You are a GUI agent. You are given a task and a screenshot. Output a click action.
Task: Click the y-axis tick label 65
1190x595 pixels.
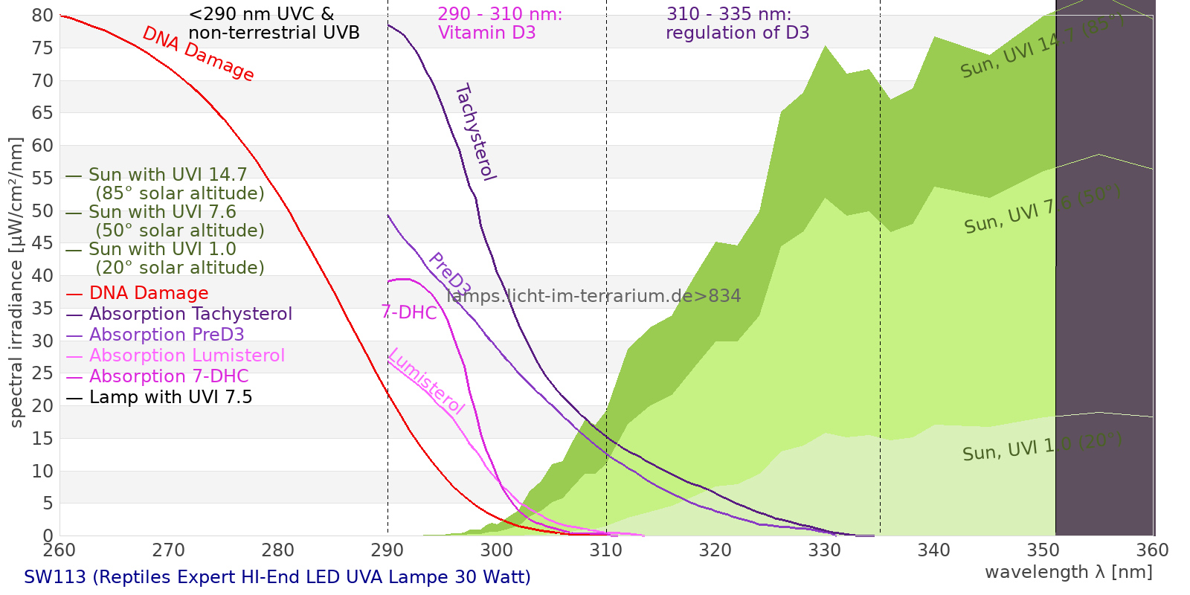[x=42, y=113]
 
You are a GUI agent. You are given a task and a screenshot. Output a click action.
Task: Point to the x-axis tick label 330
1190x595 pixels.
[x=824, y=550]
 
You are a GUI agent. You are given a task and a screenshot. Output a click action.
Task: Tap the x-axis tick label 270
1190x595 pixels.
[x=168, y=550]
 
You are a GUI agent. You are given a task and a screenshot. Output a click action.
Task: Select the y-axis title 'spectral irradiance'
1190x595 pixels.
[x=16, y=282]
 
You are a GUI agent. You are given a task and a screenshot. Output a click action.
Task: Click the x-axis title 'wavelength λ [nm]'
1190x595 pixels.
[x=1068, y=572]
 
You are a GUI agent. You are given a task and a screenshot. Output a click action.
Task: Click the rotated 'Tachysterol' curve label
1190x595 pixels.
[x=475, y=132]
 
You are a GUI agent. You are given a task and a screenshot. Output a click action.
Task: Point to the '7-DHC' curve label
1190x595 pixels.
[x=409, y=312]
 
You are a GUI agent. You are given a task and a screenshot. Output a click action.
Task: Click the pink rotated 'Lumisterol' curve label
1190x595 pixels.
[x=426, y=382]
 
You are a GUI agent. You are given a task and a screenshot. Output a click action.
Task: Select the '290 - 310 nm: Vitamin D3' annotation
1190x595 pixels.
[x=500, y=24]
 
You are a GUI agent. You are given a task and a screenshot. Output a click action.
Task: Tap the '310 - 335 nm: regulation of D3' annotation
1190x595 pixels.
[x=736, y=24]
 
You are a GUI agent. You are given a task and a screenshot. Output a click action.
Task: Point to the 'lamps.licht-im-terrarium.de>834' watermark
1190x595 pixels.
[x=594, y=296]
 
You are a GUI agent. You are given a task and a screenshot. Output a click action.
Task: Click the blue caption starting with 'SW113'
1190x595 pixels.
[x=277, y=577]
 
